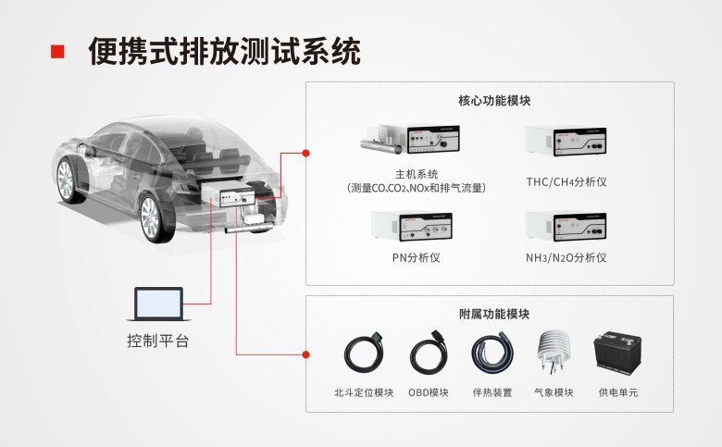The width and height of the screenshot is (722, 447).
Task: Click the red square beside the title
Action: click(x=57, y=51)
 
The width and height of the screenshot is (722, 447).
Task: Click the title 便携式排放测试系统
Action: click(x=224, y=51)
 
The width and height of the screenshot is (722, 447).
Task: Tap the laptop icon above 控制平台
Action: click(x=158, y=304)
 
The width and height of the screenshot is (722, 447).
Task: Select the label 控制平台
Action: click(x=158, y=341)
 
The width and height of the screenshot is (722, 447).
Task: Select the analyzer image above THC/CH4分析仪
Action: click(x=566, y=144)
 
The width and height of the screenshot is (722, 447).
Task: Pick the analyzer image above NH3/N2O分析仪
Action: click(x=566, y=227)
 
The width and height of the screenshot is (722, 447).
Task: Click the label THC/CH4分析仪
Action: click(x=566, y=182)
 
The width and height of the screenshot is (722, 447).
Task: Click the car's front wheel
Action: click(x=152, y=218)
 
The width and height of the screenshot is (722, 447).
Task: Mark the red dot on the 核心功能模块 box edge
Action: click(x=306, y=152)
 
